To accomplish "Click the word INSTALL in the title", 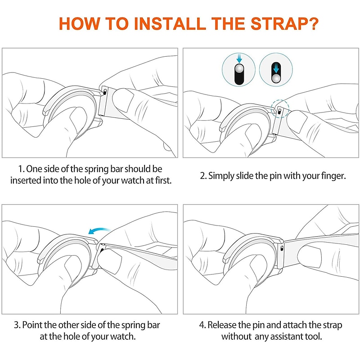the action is (170, 24).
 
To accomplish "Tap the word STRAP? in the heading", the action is (284, 24).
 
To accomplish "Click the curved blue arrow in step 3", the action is (99, 230).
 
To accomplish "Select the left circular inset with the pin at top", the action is (238, 70).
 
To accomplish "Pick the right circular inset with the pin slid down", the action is (276, 70).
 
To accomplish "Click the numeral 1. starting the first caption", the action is (21, 169).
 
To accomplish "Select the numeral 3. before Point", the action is (17, 325).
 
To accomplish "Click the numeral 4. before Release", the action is (202, 325).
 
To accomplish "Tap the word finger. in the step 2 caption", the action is (333, 176).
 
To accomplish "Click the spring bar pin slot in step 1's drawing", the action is (105, 91).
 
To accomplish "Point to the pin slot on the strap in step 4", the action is (282, 248).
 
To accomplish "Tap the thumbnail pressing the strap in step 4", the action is (310, 255).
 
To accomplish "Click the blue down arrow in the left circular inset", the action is (239, 58).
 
